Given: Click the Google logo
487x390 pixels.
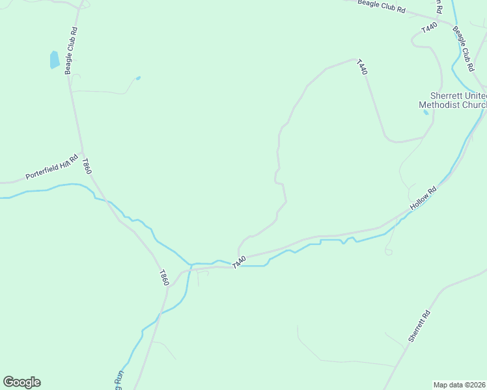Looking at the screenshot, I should (x=21, y=382).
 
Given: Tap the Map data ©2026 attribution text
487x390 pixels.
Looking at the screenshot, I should (x=460, y=385).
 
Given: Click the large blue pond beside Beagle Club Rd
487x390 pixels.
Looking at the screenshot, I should (x=55, y=60).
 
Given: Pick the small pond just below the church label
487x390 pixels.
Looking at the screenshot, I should (x=426, y=112).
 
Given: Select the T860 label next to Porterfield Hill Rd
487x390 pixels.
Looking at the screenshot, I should (x=86, y=166).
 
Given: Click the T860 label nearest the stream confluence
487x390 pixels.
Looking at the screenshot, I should (x=164, y=278).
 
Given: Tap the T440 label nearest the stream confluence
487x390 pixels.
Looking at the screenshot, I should (x=238, y=262).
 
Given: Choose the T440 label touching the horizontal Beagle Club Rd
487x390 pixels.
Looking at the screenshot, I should (x=428, y=28).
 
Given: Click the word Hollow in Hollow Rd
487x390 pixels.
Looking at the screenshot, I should (x=419, y=201).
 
